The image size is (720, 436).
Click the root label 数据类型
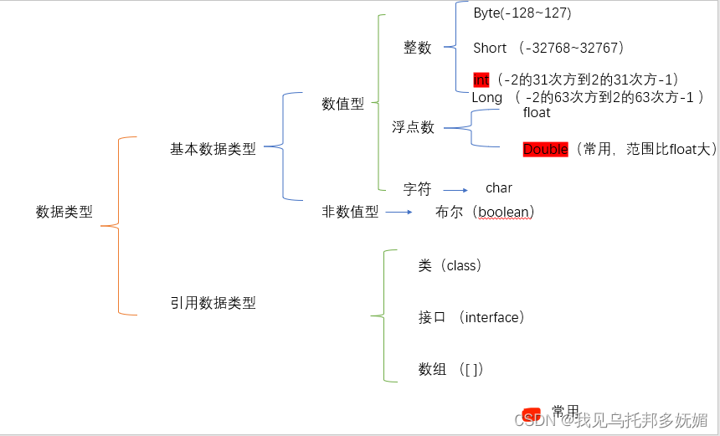[64, 212]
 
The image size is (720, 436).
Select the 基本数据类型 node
[213, 149]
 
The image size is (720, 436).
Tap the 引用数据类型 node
[213, 303]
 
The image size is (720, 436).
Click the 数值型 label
[343, 104]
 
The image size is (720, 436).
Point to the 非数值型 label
[350, 212]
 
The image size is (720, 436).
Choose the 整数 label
[418, 48]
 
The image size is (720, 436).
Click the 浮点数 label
[414, 127]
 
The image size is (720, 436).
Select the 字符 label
[417, 189]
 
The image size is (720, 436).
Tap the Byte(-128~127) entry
[522, 13]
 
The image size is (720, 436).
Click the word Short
[490, 48]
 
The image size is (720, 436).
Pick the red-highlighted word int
[481, 80]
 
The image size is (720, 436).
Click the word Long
[487, 97]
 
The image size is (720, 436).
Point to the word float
[537, 112]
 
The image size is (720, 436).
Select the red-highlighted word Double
[545, 149]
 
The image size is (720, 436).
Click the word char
[499, 188]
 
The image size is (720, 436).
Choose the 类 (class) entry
[450, 265]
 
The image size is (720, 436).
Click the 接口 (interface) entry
[471, 317]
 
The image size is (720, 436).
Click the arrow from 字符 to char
[455, 190]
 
